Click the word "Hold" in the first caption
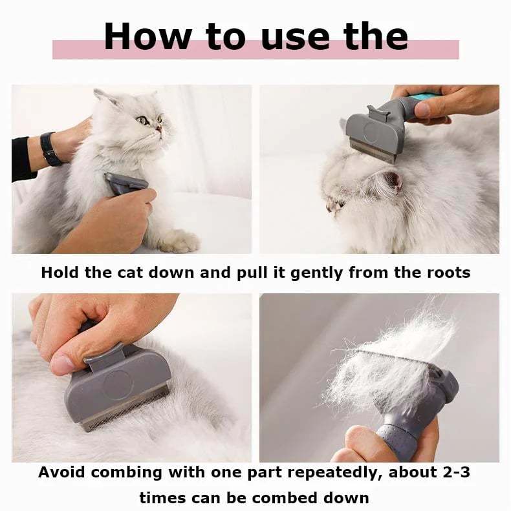coord(60,273)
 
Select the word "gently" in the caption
coord(316,273)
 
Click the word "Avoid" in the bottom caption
coord(62,472)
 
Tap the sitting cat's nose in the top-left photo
coord(158,129)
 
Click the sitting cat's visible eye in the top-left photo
coord(142,121)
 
